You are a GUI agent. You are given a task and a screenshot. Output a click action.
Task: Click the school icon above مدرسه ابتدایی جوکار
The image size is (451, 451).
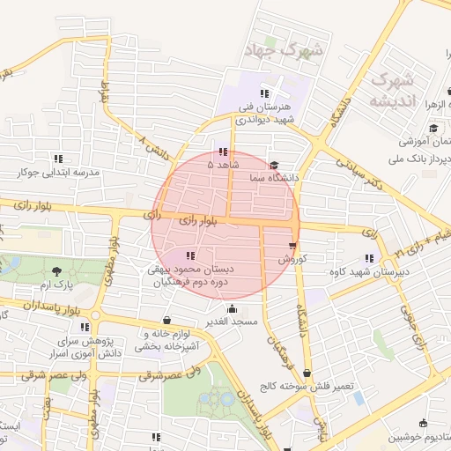click(x=58, y=159)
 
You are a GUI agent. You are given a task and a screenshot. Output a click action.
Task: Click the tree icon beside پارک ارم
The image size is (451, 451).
click(x=57, y=271)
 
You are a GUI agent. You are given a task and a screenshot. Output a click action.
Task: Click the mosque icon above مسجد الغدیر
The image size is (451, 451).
click(x=232, y=309)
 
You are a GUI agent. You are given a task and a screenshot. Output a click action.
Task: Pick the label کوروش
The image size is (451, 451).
click(x=291, y=260)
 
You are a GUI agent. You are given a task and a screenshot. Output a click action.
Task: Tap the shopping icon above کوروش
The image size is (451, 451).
click(x=292, y=246)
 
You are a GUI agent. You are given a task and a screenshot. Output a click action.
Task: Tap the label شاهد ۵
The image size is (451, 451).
click(x=222, y=165)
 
